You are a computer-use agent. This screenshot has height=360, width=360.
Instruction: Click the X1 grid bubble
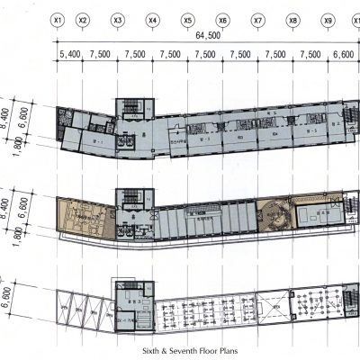[x=58, y=19]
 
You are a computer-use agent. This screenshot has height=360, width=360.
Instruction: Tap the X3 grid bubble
[x=118, y=19]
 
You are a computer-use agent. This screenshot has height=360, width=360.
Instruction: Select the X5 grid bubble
[x=188, y=19]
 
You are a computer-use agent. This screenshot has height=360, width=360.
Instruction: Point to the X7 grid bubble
[x=258, y=19]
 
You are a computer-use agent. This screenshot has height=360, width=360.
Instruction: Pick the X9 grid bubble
[x=328, y=19]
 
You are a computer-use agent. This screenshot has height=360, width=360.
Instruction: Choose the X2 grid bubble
[x=83, y=19]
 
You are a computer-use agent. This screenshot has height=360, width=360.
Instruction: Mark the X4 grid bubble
[x=153, y=19]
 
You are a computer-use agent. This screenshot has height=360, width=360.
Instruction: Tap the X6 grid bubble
[x=223, y=19]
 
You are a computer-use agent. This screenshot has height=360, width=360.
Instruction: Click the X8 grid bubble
[x=293, y=19]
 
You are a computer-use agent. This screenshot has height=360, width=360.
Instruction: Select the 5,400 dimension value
[x=70, y=55]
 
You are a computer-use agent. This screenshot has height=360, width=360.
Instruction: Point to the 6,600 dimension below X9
[x=344, y=55]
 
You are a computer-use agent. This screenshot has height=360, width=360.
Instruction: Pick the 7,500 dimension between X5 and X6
[x=205, y=55]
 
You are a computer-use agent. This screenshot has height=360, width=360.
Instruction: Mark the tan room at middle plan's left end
[x=80, y=215]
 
